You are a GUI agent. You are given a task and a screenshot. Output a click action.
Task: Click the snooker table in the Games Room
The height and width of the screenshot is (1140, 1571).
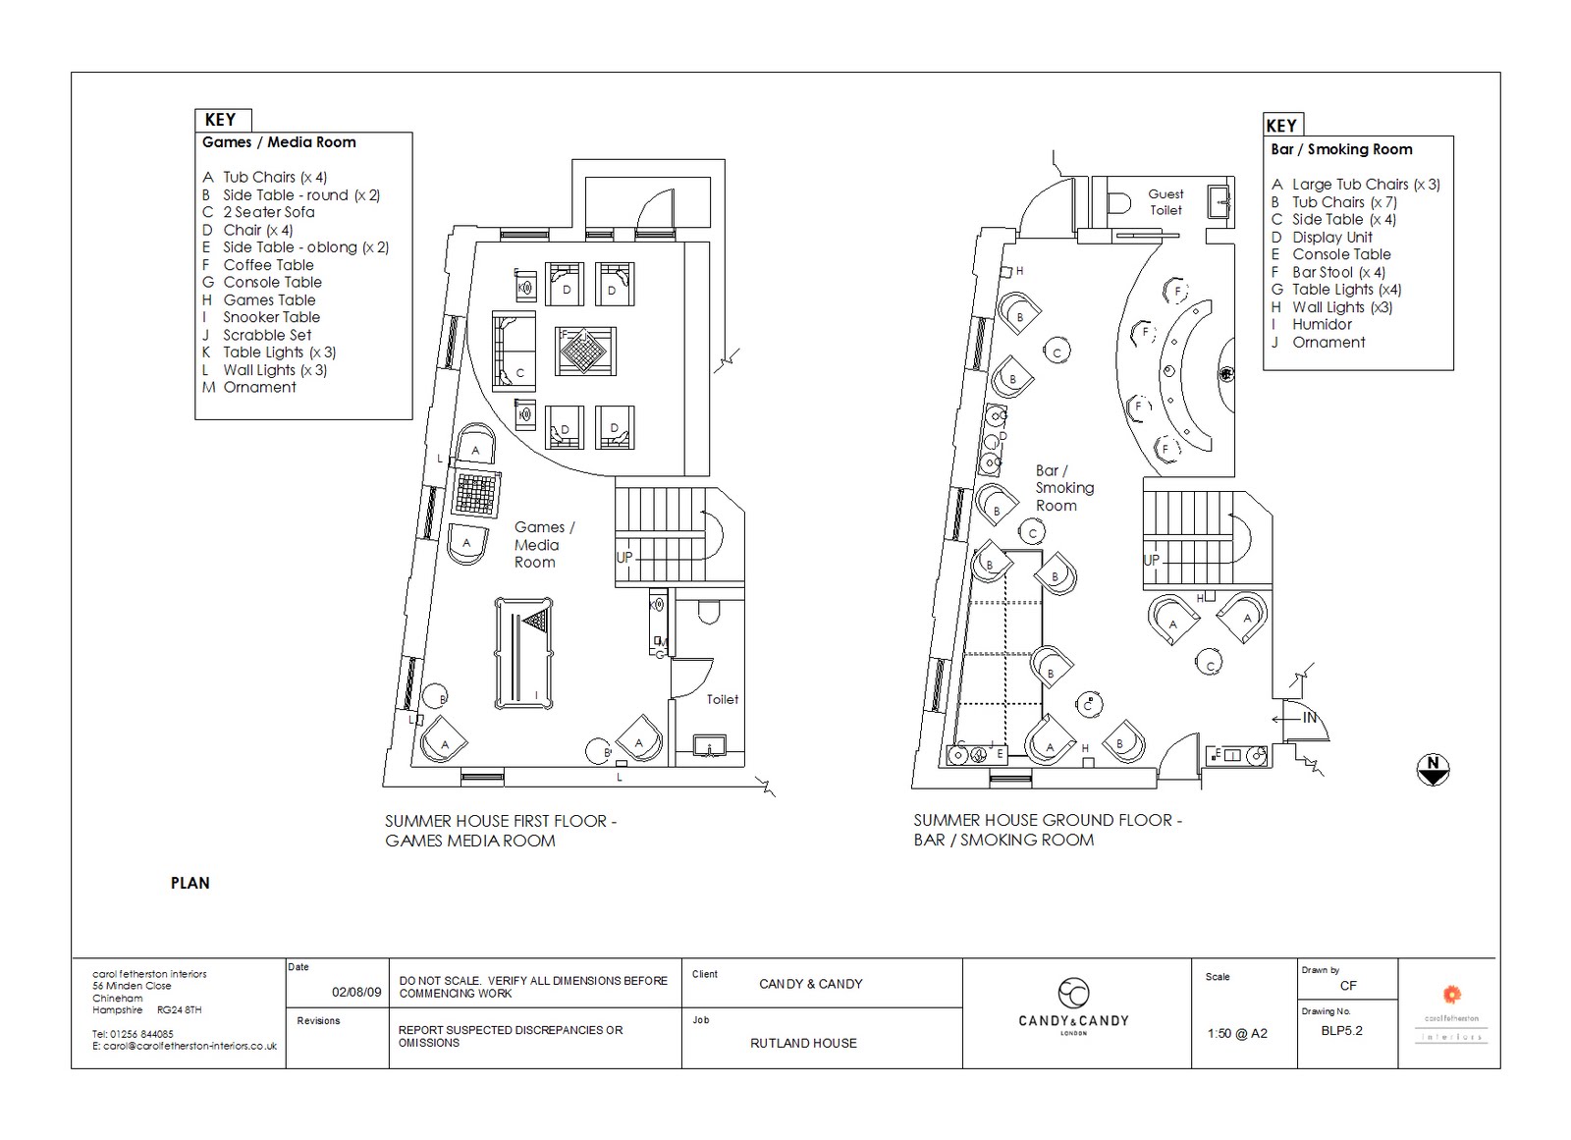point(523,653)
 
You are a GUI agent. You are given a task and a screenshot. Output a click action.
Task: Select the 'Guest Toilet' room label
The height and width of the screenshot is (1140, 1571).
point(1165,202)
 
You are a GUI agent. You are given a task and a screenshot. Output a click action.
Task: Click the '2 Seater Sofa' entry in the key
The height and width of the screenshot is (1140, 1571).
point(268,212)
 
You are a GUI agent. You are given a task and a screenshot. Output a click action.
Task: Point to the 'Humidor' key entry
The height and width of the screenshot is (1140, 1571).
point(1322,325)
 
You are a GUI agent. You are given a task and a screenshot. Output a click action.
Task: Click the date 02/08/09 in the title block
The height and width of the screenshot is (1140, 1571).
point(356,992)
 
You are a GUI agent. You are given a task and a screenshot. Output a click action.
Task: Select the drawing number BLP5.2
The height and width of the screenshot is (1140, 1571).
point(1341,1031)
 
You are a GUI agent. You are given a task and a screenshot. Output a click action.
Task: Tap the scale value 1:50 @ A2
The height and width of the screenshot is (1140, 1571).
point(1236,1033)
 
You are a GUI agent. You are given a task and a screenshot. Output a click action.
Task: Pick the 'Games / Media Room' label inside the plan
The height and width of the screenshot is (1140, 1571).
point(543,545)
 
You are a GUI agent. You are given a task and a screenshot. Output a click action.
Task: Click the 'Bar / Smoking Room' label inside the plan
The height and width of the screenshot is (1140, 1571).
point(1063,488)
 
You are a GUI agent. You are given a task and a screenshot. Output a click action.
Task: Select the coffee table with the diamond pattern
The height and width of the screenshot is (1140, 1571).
point(585,351)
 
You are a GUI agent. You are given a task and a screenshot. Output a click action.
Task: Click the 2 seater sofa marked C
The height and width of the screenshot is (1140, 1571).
point(514,349)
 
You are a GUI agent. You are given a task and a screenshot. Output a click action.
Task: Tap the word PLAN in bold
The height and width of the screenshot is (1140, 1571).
point(190,883)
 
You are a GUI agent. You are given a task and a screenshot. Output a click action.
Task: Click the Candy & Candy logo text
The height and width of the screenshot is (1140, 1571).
point(1073,1021)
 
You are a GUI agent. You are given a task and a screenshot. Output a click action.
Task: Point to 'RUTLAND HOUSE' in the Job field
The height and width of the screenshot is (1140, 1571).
point(803,1043)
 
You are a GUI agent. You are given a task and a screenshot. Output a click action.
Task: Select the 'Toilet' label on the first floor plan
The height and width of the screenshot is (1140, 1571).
point(722,699)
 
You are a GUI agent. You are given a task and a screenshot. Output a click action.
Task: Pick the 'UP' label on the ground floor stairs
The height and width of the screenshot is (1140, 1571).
point(1152,560)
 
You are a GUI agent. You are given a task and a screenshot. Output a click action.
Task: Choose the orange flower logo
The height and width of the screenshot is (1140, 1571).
point(1451,994)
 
